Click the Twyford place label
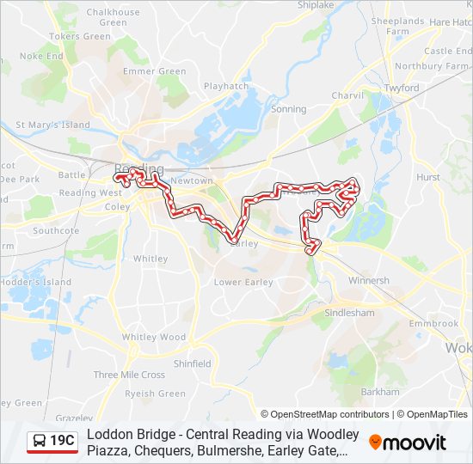pos(402,88)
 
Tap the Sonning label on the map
pos(288,109)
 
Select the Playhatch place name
pos(226,86)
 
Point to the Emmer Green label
pos(155,71)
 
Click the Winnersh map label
pos(368,280)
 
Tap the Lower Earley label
pos(243,282)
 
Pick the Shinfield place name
pos(193,363)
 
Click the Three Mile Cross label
pos(129,375)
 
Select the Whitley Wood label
pos(153,337)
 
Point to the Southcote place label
pos(56,230)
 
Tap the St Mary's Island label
pos(52,125)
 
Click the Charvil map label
pos(348,95)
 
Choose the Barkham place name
pos(380,391)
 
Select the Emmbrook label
pos(433,323)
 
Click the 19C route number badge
pos(62,442)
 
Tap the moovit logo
pos(407,443)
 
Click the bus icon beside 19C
pos(40,442)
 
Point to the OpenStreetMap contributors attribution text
pos(329,414)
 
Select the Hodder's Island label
pos(35,282)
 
